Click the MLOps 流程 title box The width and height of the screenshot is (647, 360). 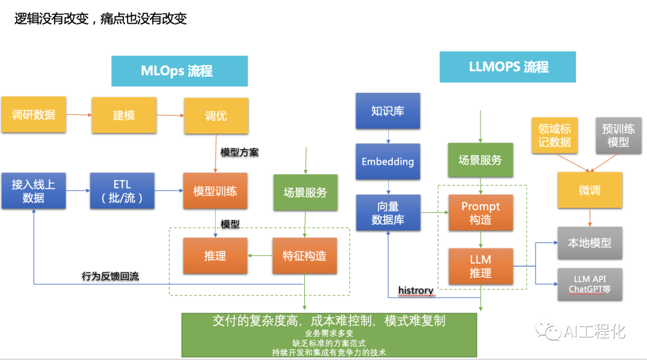179,71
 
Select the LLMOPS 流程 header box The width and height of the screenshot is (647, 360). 507,66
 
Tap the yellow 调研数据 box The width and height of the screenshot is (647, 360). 34,115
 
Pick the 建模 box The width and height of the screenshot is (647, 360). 123,115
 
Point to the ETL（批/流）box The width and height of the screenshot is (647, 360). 122,190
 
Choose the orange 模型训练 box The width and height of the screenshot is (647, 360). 215,191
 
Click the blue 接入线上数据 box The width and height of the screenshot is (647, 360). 34,190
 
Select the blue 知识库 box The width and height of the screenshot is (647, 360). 388,111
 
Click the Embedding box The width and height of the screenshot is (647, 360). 388,162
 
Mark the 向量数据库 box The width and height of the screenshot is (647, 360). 388,213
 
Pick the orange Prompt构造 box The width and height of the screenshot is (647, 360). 480,213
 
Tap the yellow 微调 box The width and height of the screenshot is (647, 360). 589,190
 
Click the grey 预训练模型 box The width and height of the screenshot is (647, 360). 619,135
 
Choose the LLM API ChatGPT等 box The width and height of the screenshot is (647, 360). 590,285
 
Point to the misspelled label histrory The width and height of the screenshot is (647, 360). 416,291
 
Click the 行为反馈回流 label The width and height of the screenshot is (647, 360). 110,277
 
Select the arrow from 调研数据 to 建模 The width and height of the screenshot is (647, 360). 78,115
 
